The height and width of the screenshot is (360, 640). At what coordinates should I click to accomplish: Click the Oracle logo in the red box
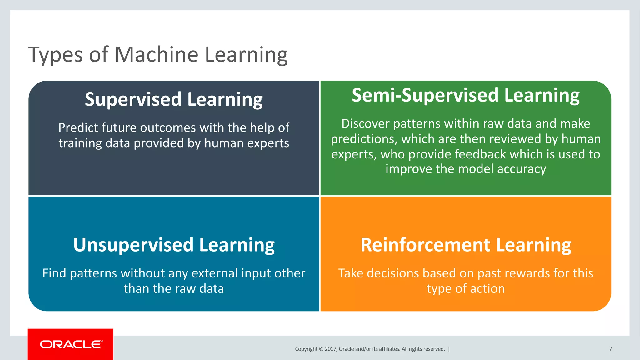71,344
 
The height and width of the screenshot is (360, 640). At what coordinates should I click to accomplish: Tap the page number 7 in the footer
610,349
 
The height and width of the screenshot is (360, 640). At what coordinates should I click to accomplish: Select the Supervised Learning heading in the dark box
174,99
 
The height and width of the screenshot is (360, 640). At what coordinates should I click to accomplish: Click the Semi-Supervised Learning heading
466,95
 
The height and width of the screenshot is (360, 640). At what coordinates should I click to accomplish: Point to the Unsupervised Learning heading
174,245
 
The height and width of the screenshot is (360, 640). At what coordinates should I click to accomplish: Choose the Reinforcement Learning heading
466,245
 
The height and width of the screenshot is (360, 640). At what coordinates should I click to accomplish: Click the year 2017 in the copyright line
330,349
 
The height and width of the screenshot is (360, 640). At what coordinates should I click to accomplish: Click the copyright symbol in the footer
321,349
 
